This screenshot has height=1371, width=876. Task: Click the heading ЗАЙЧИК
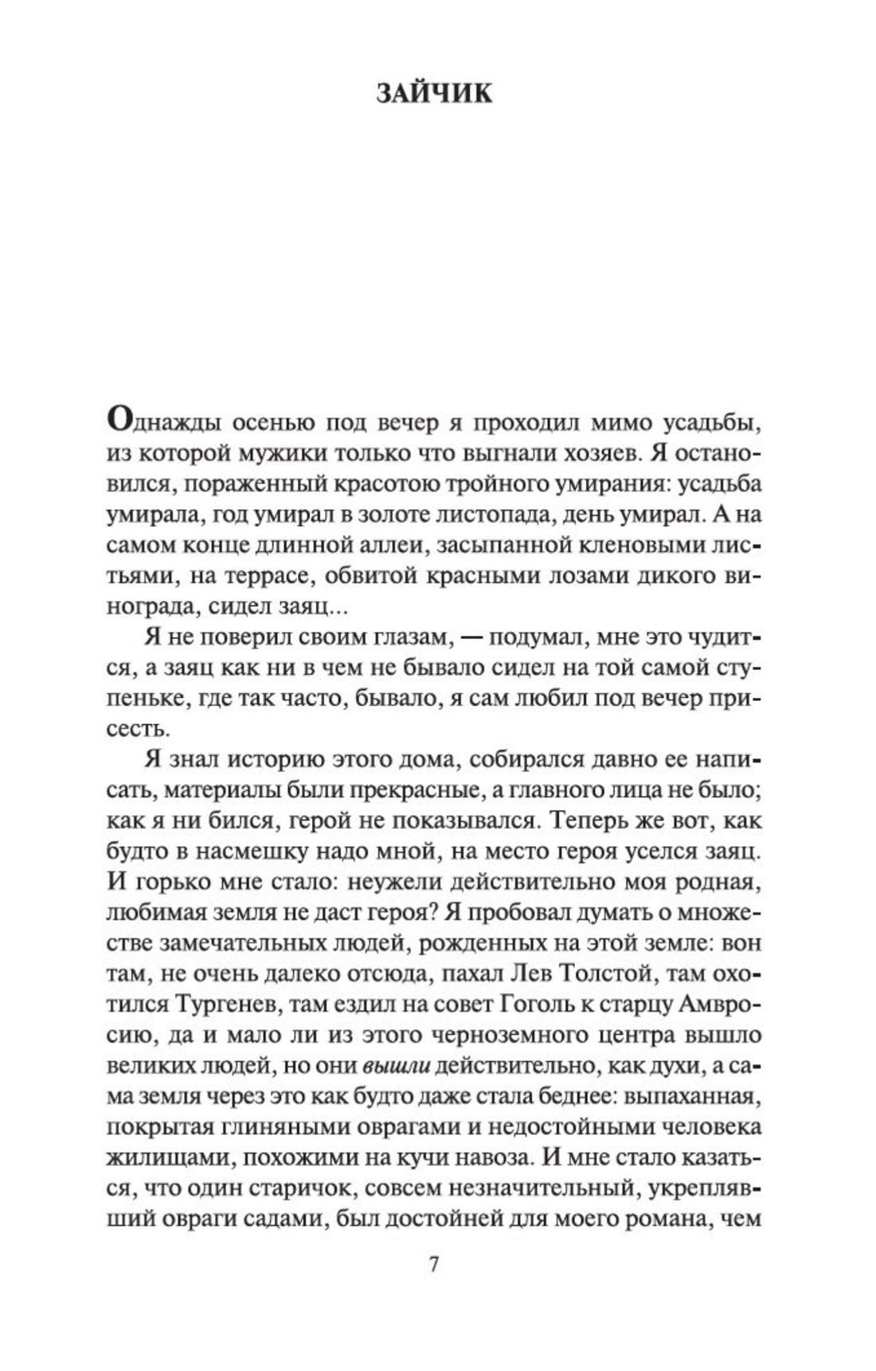point(434,94)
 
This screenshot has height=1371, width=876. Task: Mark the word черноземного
point(530,1036)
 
